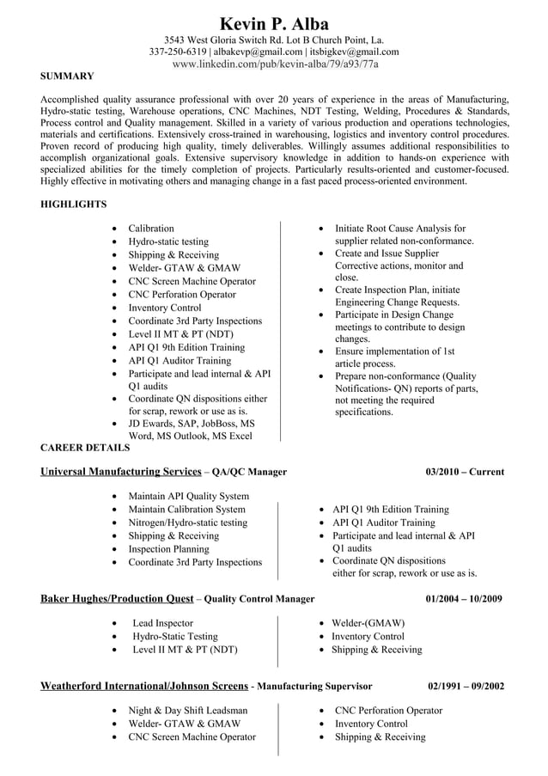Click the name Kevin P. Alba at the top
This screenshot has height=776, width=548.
coord(274,23)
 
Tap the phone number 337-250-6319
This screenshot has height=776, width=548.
coord(179,52)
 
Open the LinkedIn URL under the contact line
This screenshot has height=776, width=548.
coord(274,64)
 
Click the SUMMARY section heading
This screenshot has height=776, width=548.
coord(67,76)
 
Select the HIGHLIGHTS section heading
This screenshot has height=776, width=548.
coord(74,205)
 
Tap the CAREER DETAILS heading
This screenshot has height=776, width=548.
coord(85,448)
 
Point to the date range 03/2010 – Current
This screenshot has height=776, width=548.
coord(465,472)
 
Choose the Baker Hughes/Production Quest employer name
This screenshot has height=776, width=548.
coord(117,599)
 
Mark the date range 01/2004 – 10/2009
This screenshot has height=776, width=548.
coord(465,599)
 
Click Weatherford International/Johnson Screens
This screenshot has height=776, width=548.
coord(143,687)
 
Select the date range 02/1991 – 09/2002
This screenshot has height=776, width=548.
coord(466,687)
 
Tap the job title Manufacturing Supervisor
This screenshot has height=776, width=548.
coord(314,687)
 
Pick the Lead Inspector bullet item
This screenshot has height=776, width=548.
coord(162,623)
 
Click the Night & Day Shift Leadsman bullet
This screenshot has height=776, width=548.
coord(187,711)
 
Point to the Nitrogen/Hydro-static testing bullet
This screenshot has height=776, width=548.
coord(187,522)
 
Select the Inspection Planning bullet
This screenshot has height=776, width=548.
coord(168,549)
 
